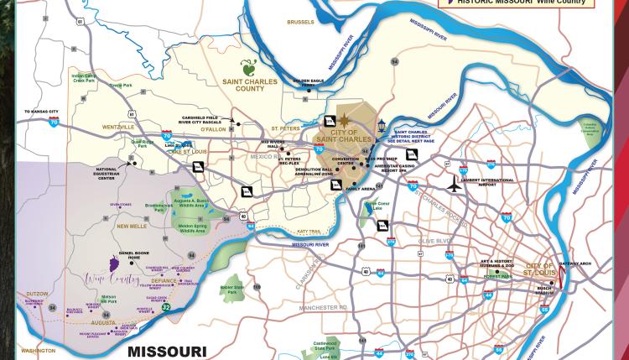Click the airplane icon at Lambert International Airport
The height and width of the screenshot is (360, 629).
coord(454,184)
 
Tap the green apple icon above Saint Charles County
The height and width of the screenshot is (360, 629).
coord(249,68)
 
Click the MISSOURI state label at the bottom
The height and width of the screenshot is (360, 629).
coord(167,352)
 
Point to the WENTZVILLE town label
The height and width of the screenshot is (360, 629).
coord(118,127)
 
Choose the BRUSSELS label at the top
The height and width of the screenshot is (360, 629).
coord(300,22)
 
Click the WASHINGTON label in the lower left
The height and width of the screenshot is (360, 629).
coord(39,351)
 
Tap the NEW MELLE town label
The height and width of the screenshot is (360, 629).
coord(132,226)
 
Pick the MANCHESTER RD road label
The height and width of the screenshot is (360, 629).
coord(324,308)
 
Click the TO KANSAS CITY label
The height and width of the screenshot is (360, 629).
coord(41,112)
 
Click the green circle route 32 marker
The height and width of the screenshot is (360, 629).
coord(166,308)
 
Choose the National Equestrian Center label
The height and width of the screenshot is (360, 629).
coord(107,174)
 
